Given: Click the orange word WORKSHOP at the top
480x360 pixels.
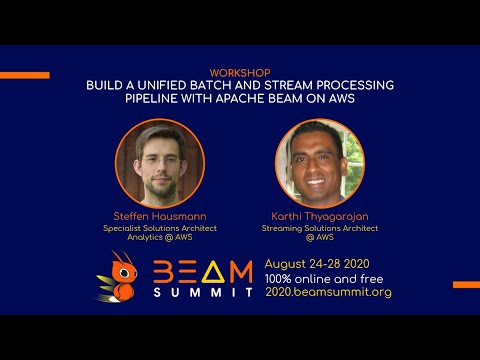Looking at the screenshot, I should [x=240, y=74].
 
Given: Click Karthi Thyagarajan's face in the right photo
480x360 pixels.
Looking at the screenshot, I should [x=319, y=160].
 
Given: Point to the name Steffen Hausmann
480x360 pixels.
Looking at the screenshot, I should [x=160, y=217].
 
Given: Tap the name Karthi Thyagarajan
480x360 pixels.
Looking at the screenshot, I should [x=319, y=217].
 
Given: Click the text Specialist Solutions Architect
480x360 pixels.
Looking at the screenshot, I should [x=160, y=228].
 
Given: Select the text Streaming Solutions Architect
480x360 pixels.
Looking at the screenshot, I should [x=319, y=228].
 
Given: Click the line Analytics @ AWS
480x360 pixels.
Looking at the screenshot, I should [x=160, y=238].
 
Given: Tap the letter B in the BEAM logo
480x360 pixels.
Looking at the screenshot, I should [x=164, y=272].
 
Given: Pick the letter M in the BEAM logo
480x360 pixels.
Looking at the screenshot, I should [x=240, y=272].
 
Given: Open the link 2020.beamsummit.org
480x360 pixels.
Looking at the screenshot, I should [x=327, y=292].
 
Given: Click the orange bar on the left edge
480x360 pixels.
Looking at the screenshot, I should [x=24, y=75].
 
